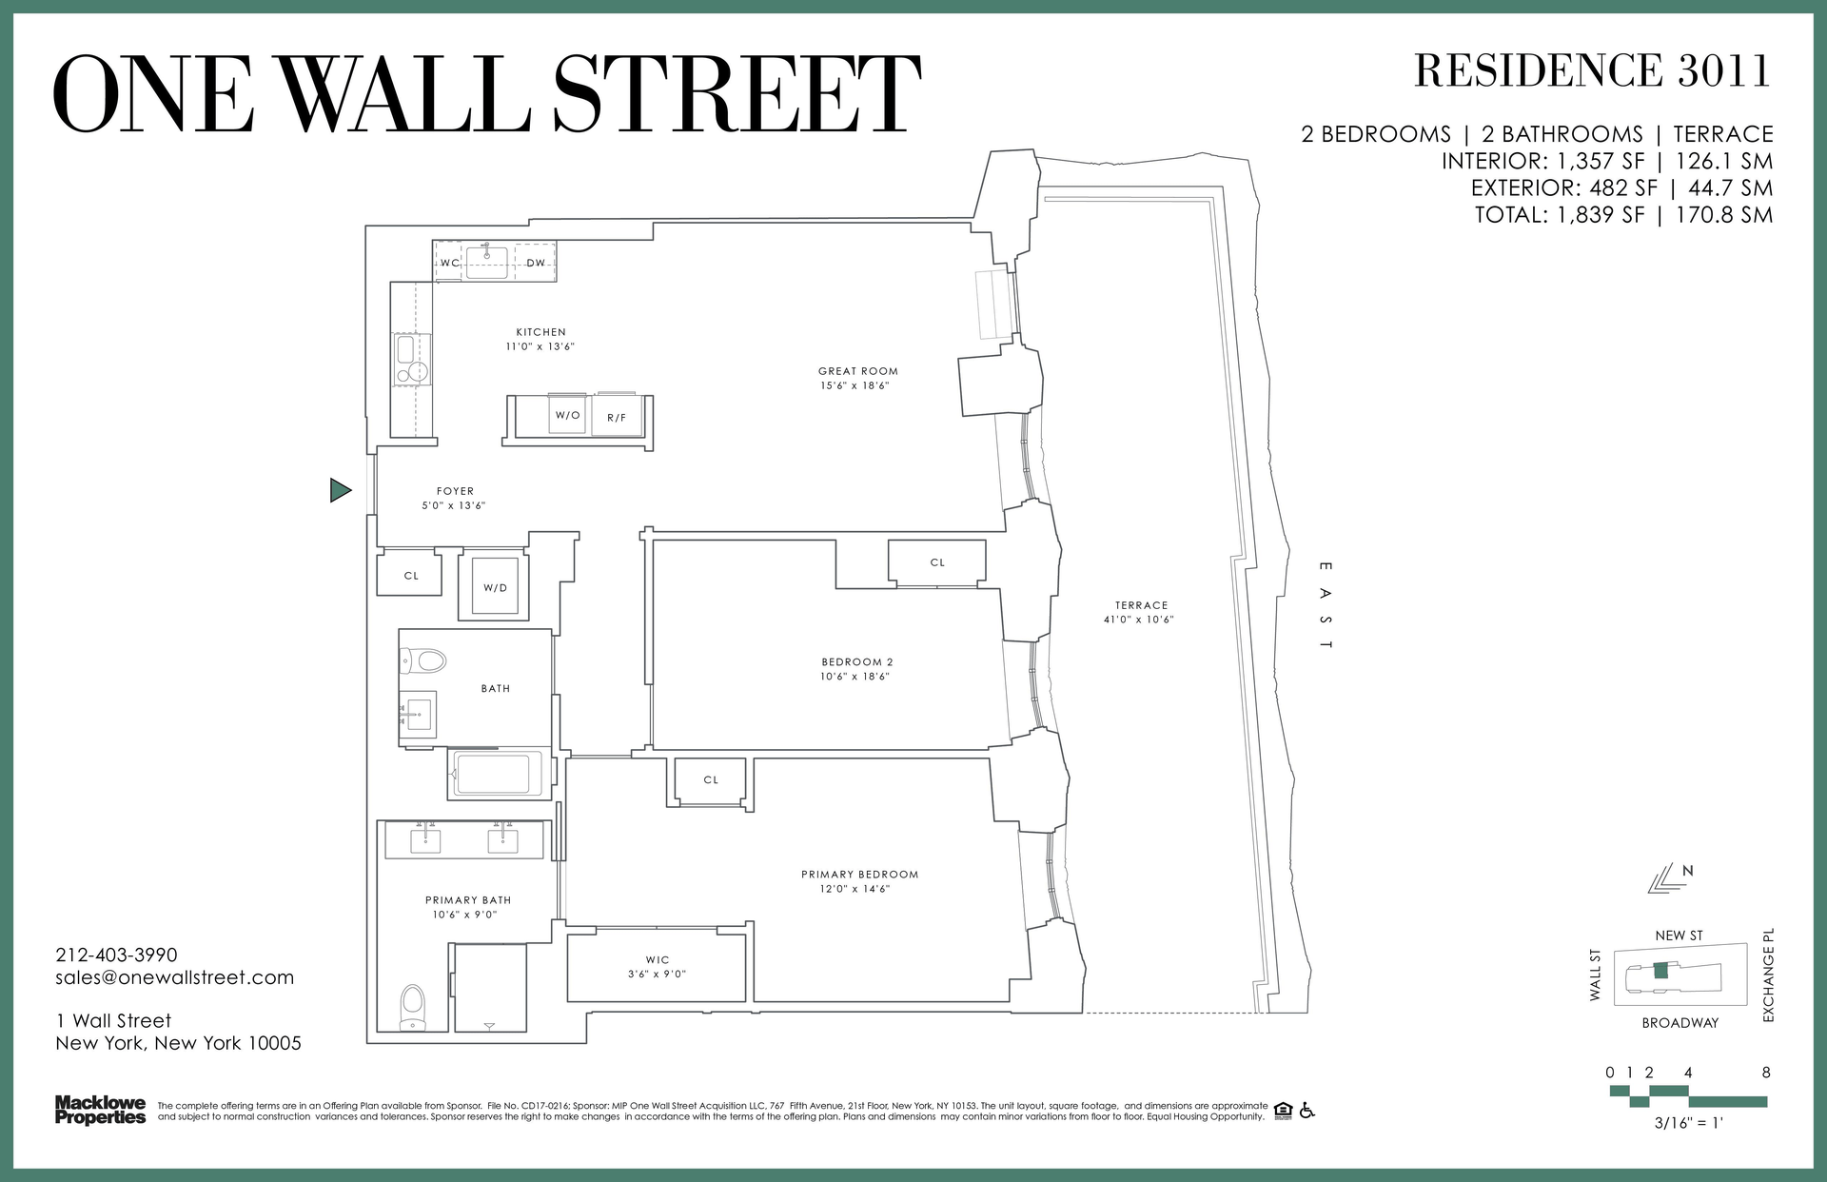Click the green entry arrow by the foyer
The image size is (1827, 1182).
[340, 490]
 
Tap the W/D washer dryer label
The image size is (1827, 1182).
[495, 588]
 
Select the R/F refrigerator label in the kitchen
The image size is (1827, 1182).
[617, 418]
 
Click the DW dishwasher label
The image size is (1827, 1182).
[536, 263]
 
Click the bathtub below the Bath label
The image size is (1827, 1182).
[494, 774]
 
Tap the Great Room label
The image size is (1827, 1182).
[857, 371]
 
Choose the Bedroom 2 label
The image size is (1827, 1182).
[857, 662]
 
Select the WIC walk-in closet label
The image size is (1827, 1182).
[658, 960]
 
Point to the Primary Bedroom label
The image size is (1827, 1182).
[859, 875]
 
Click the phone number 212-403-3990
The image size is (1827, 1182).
[116, 955]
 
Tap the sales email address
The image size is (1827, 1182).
[175, 977]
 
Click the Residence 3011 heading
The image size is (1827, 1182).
[1592, 70]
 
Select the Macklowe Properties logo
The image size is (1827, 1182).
[100, 1110]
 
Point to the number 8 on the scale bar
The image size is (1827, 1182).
[1766, 1073]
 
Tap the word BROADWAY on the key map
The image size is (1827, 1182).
[1680, 1023]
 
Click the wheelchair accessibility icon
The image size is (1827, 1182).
[1307, 1110]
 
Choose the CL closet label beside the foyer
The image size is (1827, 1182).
[411, 576]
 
